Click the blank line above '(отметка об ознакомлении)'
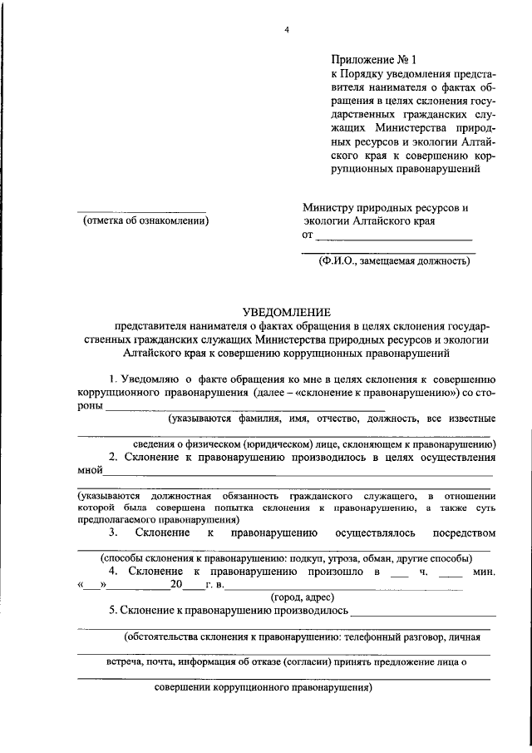coord(141,210)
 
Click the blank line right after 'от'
coord(396,240)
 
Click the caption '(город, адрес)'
coord(303,597)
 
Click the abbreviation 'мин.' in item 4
coord(483,572)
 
